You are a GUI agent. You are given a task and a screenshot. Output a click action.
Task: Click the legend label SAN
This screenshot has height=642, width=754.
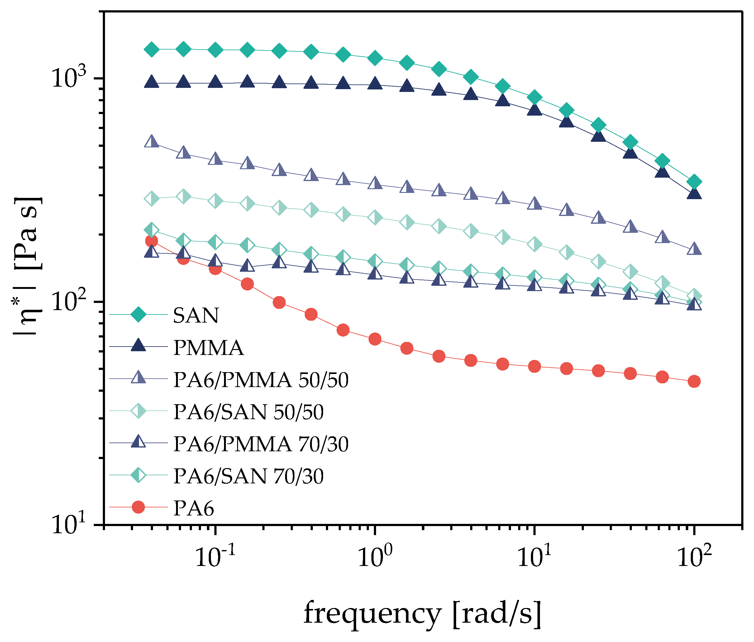tap(196, 315)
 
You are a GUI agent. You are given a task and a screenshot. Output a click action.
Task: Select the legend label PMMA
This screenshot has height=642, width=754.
tap(208, 347)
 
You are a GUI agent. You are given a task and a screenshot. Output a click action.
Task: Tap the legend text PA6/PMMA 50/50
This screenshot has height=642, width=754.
tap(260, 380)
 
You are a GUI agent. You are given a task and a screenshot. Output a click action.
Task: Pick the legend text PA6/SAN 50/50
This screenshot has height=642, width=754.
tap(248, 412)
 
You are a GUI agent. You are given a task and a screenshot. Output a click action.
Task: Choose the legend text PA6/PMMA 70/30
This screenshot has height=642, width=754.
tap(260, 444)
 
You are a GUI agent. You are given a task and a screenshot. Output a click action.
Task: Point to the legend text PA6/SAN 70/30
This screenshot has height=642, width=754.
tap(248, 476)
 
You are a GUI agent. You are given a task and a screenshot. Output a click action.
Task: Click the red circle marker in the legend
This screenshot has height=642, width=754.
tap(138, 507)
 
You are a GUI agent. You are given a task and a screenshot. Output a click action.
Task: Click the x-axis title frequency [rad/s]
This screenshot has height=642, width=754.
tap(422, 614)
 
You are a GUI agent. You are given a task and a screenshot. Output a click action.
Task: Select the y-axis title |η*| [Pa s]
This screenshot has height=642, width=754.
tap(28, 267)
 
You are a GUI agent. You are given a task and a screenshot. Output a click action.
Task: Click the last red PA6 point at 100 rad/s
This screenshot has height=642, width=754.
tap(694, 381)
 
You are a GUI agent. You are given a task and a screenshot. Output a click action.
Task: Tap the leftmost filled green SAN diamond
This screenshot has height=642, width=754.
tap(151, 49)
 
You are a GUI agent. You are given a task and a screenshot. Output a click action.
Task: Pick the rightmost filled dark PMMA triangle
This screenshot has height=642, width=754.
tap(694, 193)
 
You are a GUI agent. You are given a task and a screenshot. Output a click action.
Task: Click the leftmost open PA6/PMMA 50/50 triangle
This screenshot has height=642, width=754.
tap(151, 141)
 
